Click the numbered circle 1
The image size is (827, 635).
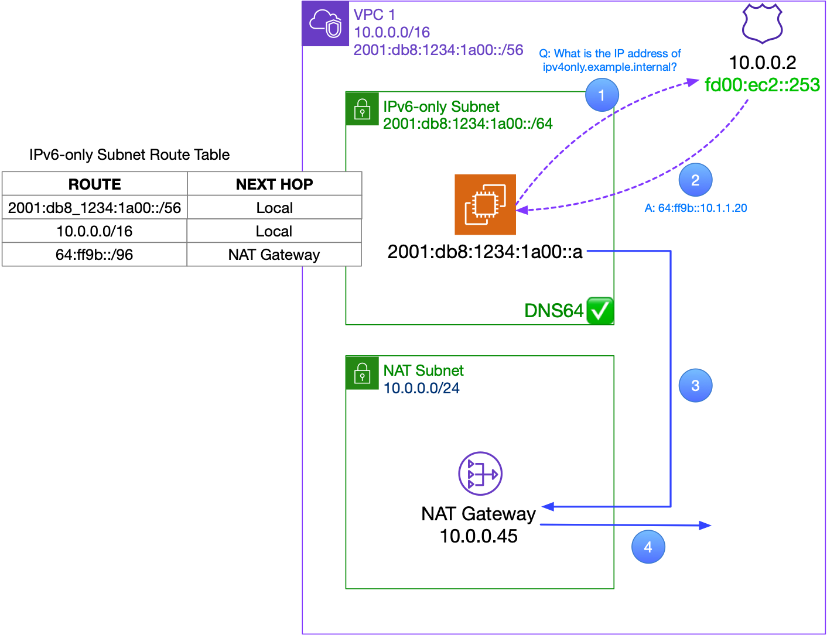602,95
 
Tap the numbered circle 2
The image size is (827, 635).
695,180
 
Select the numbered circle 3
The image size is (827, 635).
695,386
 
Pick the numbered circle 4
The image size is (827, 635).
648,547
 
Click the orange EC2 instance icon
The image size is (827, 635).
485,204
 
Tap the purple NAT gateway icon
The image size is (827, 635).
480,473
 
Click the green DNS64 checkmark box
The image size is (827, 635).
600,310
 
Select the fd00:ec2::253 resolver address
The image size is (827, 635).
761,85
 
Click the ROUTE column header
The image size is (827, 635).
94,184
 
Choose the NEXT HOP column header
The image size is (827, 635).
274,184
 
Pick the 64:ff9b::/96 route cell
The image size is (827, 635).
94,255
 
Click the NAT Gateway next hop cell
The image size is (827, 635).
274,255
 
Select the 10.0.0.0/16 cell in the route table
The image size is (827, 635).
94,231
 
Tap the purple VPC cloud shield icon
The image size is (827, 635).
326,24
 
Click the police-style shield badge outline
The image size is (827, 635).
762,23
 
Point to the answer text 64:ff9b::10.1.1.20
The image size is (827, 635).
696,208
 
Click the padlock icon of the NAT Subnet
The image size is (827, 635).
362,373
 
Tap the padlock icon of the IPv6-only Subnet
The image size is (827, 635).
362,109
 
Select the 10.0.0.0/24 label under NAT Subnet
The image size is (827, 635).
421,388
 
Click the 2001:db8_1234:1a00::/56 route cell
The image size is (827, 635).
94,208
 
